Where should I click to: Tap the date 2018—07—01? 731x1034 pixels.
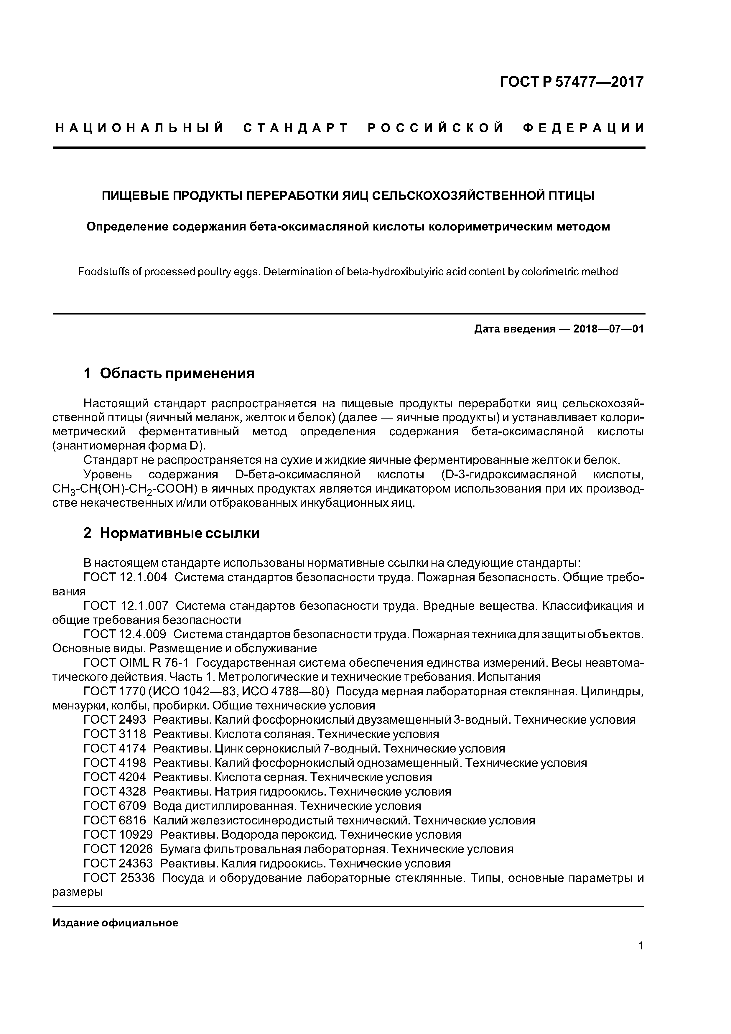coord(608,329)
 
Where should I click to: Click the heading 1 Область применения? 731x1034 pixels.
coord(169,373)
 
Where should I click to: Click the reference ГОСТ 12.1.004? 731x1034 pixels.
coord(125,577)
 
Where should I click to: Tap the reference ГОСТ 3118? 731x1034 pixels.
coord(115,735)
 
